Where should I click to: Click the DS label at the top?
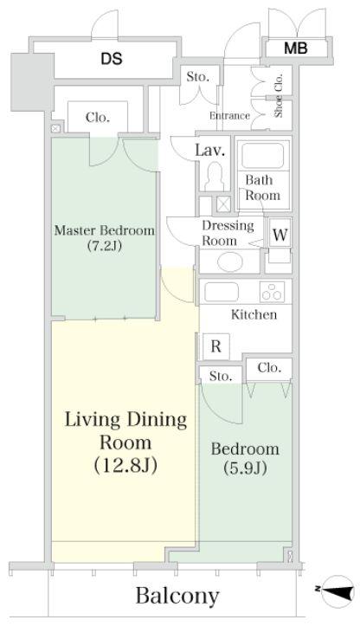[x=112, y=59]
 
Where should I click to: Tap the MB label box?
[x=296, y=48]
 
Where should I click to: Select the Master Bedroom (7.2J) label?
[x=105, y=238]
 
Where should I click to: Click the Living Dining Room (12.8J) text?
[x=125, y=442]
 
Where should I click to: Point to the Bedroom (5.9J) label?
[x=245, y=458]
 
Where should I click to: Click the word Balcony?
[x=177, y=597]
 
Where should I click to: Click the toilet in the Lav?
[x=215, y=177]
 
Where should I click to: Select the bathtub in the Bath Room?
[x=262, y=156]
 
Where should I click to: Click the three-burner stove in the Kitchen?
[x=273, y=292]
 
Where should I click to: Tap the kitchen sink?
[x=222, y=292]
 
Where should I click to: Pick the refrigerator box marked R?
[x=216, y=346]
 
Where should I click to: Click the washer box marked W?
[x=280, y=235]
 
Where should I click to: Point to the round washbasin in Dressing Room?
[x=230, y=262]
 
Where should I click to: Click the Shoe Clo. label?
[x=279, y=95]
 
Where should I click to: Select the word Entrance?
[x=230, y=116]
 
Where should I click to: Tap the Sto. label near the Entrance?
[x=197, y=77]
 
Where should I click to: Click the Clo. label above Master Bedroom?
[x=98, y=118]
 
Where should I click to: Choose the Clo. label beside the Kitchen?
[x=269, y=368]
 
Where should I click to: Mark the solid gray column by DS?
[x=32, y=82]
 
